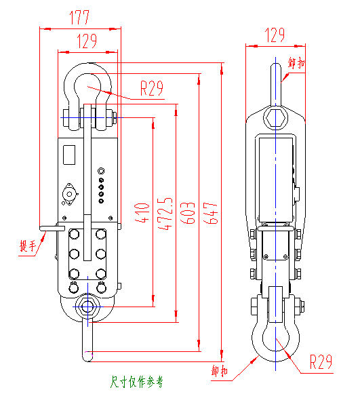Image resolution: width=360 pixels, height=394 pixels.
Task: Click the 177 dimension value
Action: [x=79, y=18]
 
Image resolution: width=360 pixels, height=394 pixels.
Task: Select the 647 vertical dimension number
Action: [x=210, y=213]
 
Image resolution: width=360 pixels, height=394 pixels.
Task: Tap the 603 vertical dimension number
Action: [x=187, y=213]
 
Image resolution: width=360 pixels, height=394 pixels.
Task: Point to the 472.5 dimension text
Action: [x=165, y=214]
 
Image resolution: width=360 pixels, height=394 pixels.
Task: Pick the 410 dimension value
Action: [x=142, y=213]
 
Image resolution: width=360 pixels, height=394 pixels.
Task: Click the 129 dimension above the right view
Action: [x=275, y=35]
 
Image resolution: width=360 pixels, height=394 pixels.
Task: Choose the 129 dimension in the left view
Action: [x=87, y=41]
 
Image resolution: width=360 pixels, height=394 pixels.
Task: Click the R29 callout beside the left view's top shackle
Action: [x=151, y=88]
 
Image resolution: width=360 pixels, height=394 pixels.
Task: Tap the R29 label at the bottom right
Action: [x=321, y=362]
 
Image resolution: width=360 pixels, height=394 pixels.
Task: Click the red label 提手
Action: [x=28, y=245]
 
